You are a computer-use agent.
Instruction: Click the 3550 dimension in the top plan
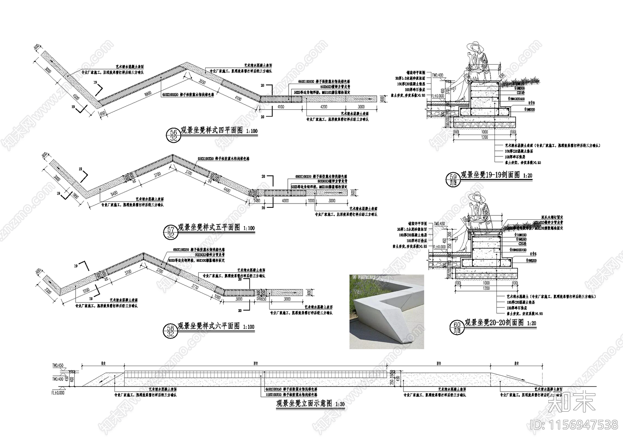pos(201,82)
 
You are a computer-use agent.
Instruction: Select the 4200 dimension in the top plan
pos(324,107)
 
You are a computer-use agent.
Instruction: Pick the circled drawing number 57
pos(171,230)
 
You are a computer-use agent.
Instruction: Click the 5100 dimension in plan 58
pos(86,290)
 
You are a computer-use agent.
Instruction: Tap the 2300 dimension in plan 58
pos(48,290)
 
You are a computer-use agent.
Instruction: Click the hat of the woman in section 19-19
pos(476,47)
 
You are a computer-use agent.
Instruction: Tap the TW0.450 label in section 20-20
pos(438,224)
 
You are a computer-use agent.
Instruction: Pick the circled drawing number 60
pos(457,325)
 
